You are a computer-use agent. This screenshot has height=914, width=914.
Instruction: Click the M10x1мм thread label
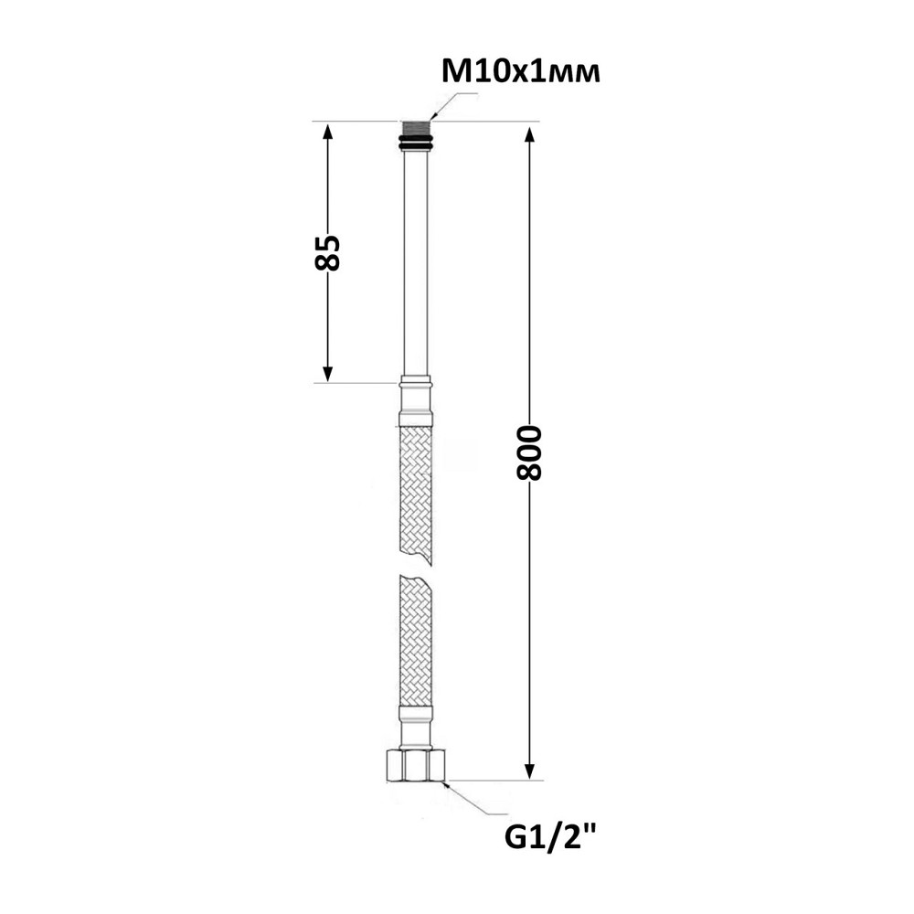click(521, 73)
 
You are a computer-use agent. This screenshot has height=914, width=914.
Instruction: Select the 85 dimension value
click(327, 252)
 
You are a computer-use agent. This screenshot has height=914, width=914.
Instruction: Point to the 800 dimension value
click(529, 453)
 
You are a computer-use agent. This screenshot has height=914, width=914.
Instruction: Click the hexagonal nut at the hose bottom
click(416, 765)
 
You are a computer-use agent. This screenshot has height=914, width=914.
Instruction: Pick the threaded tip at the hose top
click(416, 129)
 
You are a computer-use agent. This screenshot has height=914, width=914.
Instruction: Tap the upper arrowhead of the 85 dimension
click(327, 133)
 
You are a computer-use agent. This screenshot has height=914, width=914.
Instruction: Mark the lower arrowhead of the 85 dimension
click(327, 373)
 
